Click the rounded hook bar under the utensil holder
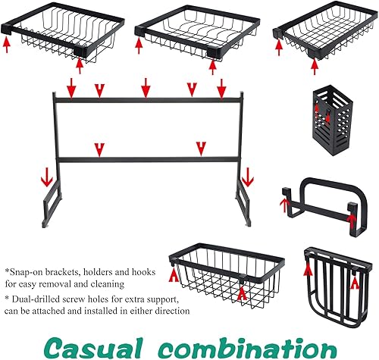coord(323,200)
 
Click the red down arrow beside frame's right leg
coord(247,180)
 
